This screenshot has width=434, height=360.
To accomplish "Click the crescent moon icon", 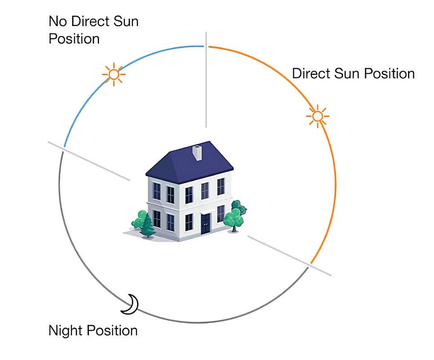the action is click(x=131, y=304).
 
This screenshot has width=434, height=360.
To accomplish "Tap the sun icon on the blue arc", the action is click(x=113, y=74).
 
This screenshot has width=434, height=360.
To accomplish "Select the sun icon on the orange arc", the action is click(x=318, y=117).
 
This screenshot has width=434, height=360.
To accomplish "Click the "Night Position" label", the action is click(x=93, y=331).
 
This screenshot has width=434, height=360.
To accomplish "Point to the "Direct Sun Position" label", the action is click(x=353, y=73).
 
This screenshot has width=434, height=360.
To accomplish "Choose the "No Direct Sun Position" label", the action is click(x=93, y=30).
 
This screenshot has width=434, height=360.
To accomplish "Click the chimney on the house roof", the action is click(x=197, y=153).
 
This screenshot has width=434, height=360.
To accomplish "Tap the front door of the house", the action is click(x=206, y=224).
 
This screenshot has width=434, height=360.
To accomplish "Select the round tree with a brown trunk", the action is click(x=233, y=218).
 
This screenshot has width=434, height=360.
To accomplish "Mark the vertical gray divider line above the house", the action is click(x=206, y=81).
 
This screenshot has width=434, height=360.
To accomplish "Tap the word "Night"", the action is click(x=66, y=331).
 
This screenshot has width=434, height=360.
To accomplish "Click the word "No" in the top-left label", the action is click(x=57, y=21).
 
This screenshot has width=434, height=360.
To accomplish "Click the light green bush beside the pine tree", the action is click(x=139, y=219).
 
